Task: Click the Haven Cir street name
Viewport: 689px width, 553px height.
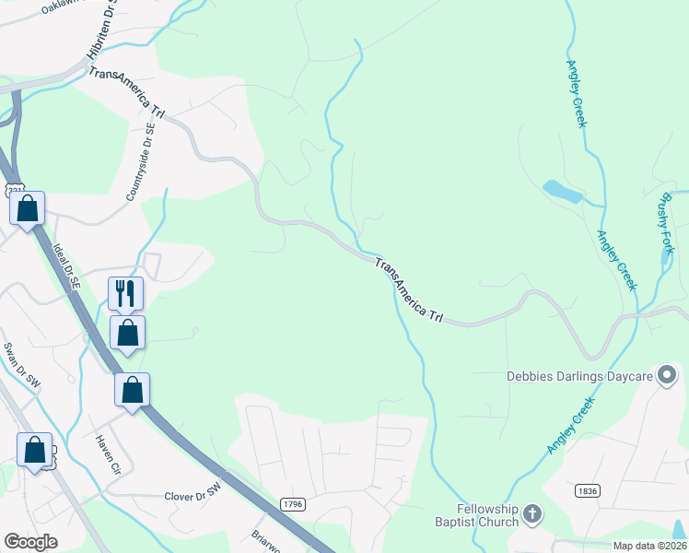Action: (108, 453)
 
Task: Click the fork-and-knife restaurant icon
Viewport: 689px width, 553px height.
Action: (127, 292)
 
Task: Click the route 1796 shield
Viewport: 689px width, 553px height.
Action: (293, 504)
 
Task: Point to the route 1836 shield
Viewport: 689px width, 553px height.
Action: (587, 491)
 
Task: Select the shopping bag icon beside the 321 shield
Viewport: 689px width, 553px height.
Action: (28, 208)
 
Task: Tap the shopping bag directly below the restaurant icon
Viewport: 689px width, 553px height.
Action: (127, 332)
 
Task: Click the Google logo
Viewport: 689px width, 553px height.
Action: (30, 542)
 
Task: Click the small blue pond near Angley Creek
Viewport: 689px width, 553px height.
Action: (563, 192)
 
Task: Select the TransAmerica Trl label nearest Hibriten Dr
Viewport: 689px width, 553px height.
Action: (126, 92)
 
